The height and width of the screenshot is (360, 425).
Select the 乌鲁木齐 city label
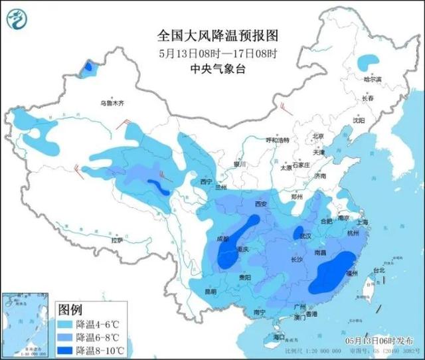pyautogui.click(x=112, y=104)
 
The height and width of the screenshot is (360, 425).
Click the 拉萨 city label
pyautogui.click(x=117, y=241)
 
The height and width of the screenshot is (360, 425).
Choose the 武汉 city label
pyautogui.click(x=305, y=236)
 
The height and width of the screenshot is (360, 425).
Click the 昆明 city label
pyautogui.click(x=210, y=292)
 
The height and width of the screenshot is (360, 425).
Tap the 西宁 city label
pyautogui.click(x=206, y=181)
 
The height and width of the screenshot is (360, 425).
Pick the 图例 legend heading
pyautogui.click(x=70, y=310)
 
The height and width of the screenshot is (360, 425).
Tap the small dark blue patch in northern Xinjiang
pyautogui.click(x=87, y=66)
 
